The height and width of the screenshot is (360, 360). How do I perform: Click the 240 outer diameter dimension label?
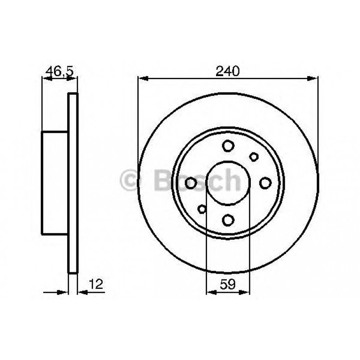tap(228, 71)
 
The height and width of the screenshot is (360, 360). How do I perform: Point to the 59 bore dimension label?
tap(228, 283)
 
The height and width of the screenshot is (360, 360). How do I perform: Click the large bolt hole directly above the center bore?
tap(229, 146)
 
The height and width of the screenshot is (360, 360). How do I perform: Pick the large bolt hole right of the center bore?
tap(266, 182)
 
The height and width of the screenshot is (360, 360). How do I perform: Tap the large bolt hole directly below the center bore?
tap(229, 220)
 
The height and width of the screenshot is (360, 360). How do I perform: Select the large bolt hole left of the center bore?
tap(191, 182)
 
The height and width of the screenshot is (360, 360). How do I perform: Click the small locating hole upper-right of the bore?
tap(254, 157)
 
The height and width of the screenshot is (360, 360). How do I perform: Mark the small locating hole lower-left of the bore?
tap(203, 208)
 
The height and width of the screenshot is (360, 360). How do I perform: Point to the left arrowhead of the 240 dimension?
tap(142, 79)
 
